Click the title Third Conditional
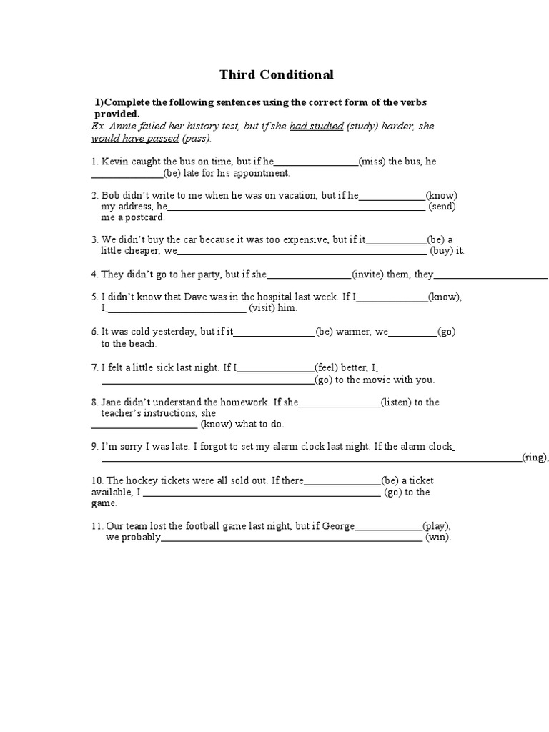276,74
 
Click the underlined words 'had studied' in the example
317,127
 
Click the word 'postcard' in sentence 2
142,217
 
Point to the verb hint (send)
442,207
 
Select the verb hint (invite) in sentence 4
367,274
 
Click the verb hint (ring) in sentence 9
534,458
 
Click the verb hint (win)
438,538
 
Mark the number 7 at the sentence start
94,367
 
